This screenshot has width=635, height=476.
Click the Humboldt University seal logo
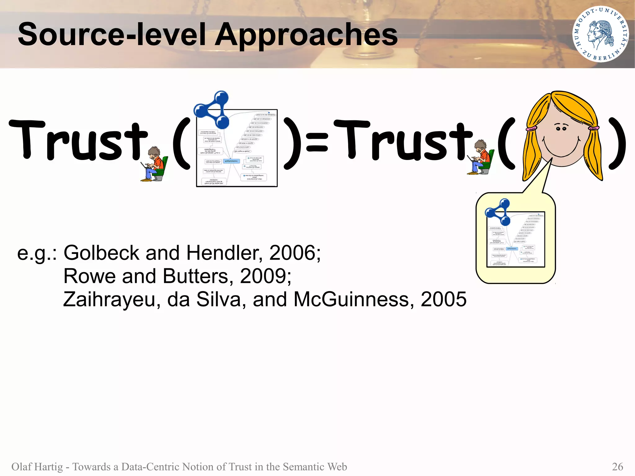coord(600,34)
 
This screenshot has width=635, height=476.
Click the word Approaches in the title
coord(306,35)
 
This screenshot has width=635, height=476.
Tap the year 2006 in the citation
coord(292,253)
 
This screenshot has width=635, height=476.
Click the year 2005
coord(443,299)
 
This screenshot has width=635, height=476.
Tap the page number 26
coord(617,466)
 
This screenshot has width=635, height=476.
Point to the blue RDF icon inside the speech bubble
coord(498,212)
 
